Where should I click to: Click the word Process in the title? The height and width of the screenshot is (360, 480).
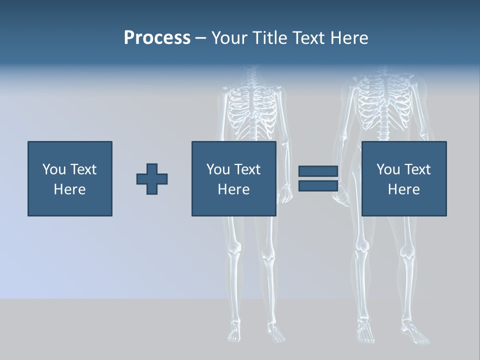click(157, 38)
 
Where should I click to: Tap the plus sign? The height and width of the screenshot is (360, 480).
click(152, 178)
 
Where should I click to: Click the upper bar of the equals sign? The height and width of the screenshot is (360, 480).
click(318, 171)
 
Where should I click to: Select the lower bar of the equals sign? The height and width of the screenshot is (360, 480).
click(318, 185)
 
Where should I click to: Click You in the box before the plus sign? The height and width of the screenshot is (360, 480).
click(54, 169)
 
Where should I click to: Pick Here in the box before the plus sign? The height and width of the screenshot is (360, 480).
click(69, 189)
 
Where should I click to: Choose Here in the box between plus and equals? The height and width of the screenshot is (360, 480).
click(233, 189)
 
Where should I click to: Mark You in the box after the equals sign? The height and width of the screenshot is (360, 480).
click(388, 169)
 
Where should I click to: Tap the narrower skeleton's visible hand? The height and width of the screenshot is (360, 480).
click(285, 193)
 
